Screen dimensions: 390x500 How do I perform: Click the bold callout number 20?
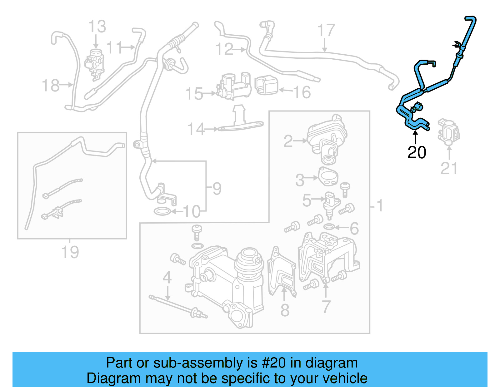click(417, 152)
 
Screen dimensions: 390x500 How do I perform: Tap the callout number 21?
click(449, 168)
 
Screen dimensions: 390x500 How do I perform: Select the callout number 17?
click(326, 31)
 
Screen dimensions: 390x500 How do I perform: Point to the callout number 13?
click(97, 27)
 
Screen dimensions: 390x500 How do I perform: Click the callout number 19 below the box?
click(70, 252)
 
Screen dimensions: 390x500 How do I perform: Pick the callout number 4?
click(167, 277)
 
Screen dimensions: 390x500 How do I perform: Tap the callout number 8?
click(285, 310)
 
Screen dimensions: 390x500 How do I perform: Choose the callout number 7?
click(326, 307)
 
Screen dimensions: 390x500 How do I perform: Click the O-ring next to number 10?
click(162, 211)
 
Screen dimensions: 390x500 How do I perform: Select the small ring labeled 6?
click(329, 226)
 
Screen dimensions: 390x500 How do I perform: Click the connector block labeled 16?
click(267, 85)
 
